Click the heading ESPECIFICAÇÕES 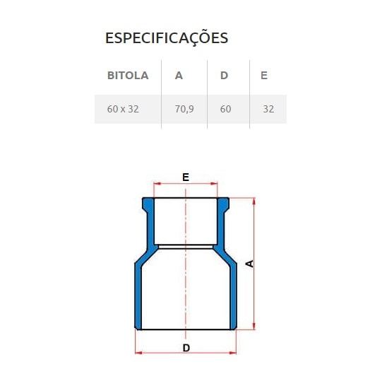(x=167, y=38)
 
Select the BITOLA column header (x=128, y=75)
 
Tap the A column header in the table (x=179, y=75)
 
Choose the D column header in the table (x=224, y=75)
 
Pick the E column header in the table (x=264, y=75)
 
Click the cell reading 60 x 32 (x=122, y=110)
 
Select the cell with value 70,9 (x=184, y=110)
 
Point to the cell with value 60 (x=225, y=110)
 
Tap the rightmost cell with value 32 (x=268, y=110)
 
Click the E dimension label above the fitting (x=186, y=177)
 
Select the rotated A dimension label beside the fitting (x=249, y=264)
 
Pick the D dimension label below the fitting (x=186, y=348)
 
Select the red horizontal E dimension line (x=169, y=186)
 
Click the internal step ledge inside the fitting (x=186, y=246)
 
